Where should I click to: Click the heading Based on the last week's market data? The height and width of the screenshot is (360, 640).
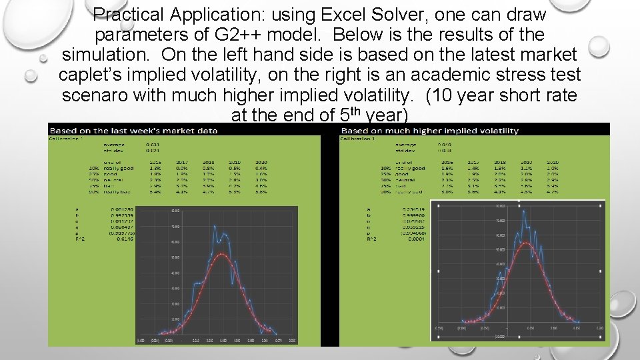point(133,130)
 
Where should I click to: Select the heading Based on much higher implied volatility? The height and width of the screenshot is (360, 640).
point(430,130)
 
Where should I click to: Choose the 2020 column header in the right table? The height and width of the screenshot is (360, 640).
point(552,161)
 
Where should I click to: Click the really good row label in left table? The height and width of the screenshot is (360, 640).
point(119,168)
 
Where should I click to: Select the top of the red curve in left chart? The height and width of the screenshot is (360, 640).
point(222,254)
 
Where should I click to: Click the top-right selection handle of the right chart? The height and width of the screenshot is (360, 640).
point(606,201)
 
